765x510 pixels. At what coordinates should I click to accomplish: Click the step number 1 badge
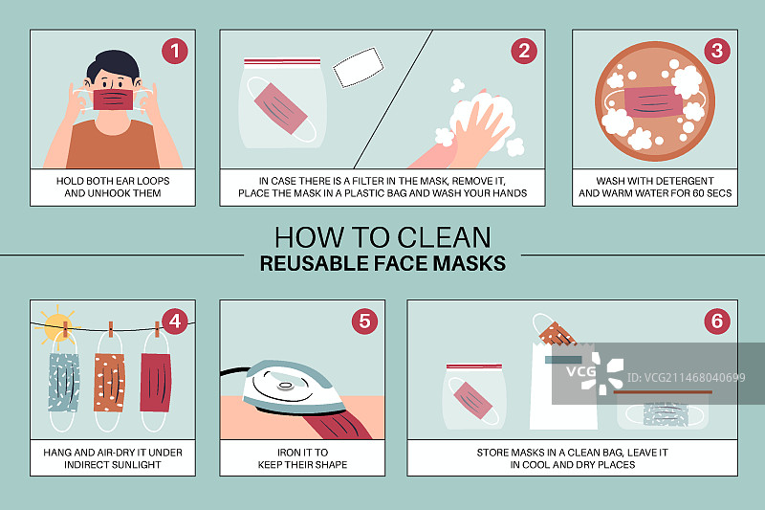tap(175, 51)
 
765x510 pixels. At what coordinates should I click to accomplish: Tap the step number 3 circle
tap(716, 51)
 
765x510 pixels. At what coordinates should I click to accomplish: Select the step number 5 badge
tap(364, 322)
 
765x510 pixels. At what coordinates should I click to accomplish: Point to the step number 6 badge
tap(716, 322)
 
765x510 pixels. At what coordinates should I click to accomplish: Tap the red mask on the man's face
tap(113, 100)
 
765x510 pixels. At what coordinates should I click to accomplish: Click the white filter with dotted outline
tap(359, 67)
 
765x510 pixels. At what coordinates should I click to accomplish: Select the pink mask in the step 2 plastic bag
tap(280, 108)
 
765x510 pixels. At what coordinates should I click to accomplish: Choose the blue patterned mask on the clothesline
tap(64, 382)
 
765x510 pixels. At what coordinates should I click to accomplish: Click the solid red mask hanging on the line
tap(156, 382)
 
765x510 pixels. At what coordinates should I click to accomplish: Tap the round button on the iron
tap(285, 387)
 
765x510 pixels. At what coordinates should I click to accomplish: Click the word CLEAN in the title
tap(444, 237)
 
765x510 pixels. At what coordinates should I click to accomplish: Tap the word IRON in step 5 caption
tap(289, 453)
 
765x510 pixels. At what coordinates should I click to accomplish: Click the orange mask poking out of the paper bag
tap(557, 333)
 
